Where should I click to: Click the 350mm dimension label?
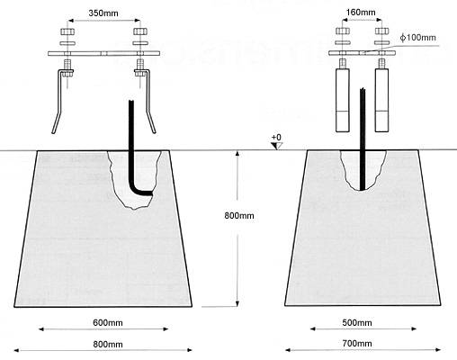coord(103,13)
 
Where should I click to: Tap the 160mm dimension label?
coord(361,13)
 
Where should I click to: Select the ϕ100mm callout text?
coord(418,38)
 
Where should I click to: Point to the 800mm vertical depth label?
coord(239,215)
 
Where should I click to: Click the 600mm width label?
coord(108,323)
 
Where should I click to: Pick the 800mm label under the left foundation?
coord(108,344)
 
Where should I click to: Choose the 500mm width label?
coord(357,323)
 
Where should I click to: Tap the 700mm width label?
coord(357,343)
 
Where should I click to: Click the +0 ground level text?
coord(276,138)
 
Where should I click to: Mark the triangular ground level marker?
coord(276,146)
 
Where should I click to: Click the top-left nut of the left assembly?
coord(67,31)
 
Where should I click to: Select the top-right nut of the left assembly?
coord(140,31)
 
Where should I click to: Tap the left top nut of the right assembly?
coord(343,31)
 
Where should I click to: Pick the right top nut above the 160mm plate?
coord(381,31)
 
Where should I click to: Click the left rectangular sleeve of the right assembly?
coord(343,100)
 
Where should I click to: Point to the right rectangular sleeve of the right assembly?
coord(381,100)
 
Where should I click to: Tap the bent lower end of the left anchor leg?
coord(57,122)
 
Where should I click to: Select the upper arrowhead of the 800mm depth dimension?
coord(237,154)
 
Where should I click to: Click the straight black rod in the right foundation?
coord(363,139)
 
